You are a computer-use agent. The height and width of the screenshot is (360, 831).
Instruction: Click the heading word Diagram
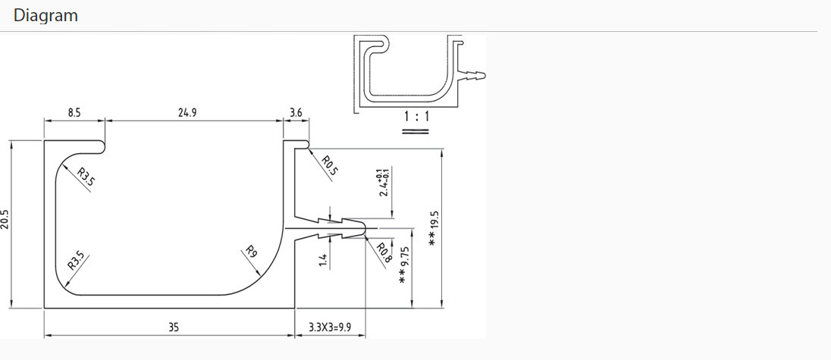coord(45,15)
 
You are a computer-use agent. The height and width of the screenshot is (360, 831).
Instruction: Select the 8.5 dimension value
coord(74,113)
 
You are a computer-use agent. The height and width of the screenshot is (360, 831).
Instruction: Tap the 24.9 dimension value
coord(188,113)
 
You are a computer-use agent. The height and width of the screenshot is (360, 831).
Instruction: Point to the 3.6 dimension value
coord(296,113)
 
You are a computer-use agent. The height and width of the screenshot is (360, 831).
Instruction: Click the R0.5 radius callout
coord(329,165)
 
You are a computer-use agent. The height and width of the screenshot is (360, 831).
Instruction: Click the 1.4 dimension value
coord(323,260)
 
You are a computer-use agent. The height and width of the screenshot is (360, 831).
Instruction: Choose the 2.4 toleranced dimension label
coord(384,183)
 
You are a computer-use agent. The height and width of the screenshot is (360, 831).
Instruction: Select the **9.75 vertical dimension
coord(405,265)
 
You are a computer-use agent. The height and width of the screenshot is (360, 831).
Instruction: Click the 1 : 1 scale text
coord(415,117)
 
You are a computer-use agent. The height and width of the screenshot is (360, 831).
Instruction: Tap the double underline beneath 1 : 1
coord(415,130)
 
